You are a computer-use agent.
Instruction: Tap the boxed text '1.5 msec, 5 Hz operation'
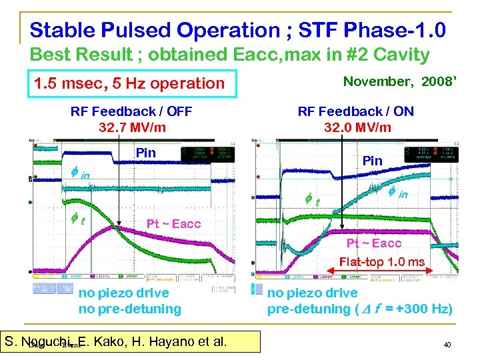click(130, 83)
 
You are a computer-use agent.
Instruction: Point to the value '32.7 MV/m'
click(131, 127)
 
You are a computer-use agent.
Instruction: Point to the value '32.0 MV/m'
click(357, 127)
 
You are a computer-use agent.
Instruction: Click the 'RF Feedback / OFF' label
click(131, 111)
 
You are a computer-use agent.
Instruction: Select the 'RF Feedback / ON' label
click(356, 111)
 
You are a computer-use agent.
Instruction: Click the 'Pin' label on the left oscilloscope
click(145, 153)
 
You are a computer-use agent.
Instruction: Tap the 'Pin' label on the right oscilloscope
click(372, 161)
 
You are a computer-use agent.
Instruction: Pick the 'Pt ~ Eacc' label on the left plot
click(173, 223)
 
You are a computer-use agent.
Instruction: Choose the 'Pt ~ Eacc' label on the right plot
click(374, 244)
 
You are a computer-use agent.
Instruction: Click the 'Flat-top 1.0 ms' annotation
click(381, 262)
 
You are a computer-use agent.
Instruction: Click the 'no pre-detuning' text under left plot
click(130, 309)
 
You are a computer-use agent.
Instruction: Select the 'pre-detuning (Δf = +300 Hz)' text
click(360, 309)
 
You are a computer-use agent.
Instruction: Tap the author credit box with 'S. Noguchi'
click(115, 343)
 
